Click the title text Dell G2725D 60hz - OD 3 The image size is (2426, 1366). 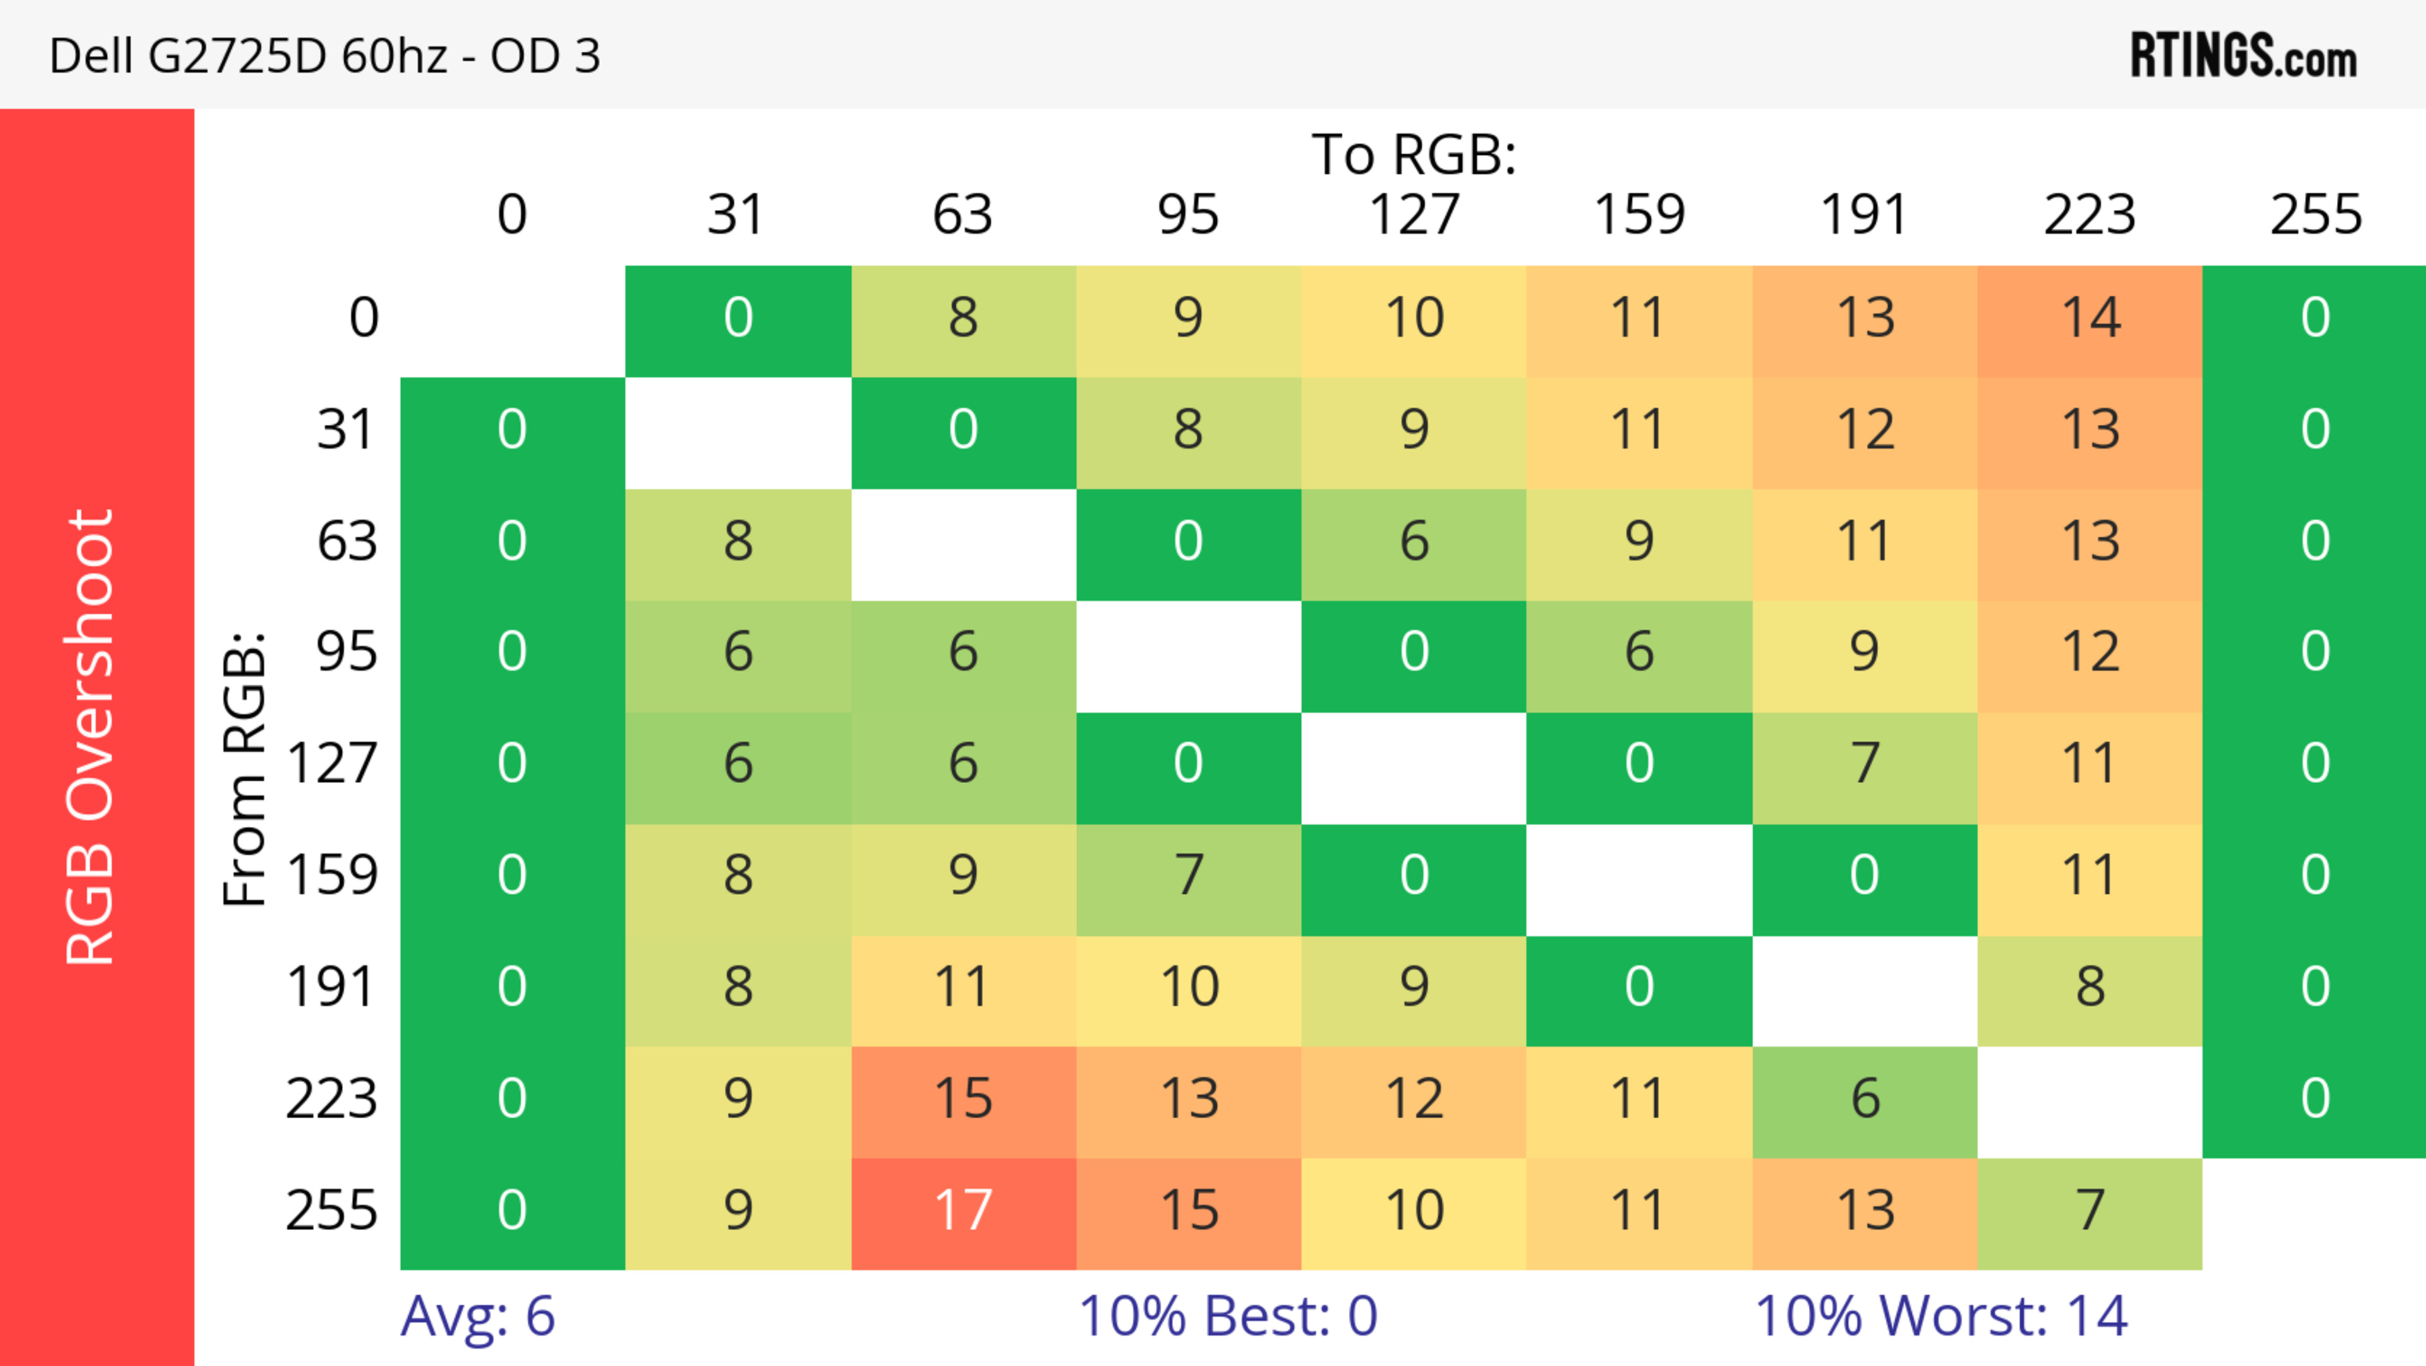324,56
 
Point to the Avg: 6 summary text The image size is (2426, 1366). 478,1315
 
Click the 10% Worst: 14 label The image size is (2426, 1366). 1941,1315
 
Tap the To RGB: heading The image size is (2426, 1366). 1414,154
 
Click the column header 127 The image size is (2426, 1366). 1414,215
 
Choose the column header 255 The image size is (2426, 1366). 2315,215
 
